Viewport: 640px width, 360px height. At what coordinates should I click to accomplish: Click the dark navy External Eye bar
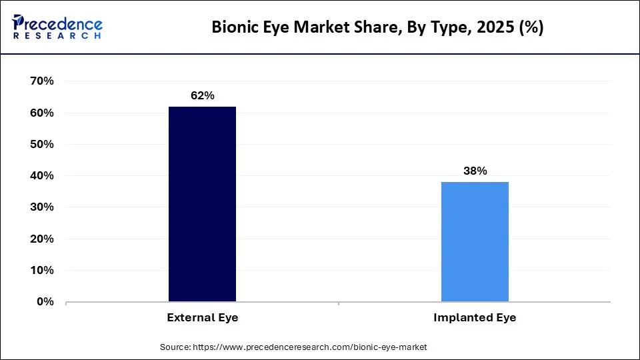202,204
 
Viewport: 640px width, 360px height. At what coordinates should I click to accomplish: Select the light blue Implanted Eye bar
475,241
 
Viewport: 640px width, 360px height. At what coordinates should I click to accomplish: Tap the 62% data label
202,96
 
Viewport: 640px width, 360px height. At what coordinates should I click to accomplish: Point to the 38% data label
475,171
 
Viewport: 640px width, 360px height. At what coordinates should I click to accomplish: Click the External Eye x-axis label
202,318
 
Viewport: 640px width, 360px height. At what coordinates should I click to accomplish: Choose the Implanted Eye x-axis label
475,318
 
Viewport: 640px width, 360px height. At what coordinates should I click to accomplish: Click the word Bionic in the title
232,27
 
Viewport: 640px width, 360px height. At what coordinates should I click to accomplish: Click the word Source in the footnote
175,347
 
